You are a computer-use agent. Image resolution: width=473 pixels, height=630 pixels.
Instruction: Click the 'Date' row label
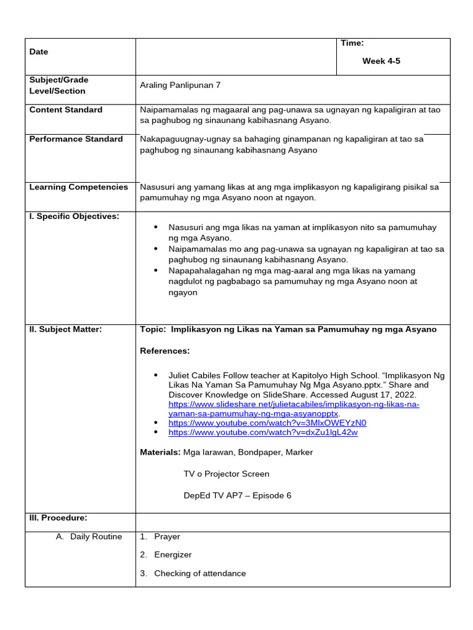click(x=38, y=52)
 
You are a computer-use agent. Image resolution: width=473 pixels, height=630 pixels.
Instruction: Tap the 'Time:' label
click(x=352, y=42)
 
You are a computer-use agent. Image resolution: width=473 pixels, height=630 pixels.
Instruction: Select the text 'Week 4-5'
click(x=381, y=61)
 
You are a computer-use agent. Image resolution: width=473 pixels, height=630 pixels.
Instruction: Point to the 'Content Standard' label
click(x=66, y=110)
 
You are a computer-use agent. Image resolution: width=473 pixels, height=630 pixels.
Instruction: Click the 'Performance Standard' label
click(x=76, y=139)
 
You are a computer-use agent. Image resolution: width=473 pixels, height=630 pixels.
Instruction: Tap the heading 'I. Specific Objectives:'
click(x=74, y=216)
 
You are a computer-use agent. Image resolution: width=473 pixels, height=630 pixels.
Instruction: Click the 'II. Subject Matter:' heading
click(x=65, y=329)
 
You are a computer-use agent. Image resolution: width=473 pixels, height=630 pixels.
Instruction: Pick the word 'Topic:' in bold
click(x=153, y=329)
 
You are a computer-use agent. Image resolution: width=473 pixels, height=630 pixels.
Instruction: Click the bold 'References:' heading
click(x=165, y=351)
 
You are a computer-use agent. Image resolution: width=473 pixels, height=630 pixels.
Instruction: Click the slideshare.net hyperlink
click(x=294, y=404)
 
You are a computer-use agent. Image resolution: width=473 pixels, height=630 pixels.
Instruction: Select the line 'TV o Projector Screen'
click(x=226, y=474)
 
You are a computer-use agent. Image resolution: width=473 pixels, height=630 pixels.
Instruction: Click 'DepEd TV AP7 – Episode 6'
click(x=237, y=495)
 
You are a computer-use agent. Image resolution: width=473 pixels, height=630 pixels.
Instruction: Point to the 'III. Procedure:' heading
click(x=59, y=517)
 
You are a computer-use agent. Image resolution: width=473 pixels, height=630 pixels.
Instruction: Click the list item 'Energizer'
click(x=173, y=555)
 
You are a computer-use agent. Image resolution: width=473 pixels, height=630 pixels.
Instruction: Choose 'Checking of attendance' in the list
click(x=200, y=573)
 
